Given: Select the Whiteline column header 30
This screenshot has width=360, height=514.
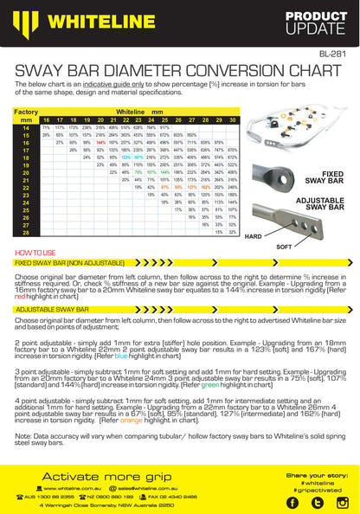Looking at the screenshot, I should click(233, 119).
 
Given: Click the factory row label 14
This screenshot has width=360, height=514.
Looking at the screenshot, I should click(26, 127).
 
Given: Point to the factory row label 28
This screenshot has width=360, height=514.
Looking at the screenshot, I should click(26, 232).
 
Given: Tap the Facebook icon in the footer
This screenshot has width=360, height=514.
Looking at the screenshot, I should click(292, 502).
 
